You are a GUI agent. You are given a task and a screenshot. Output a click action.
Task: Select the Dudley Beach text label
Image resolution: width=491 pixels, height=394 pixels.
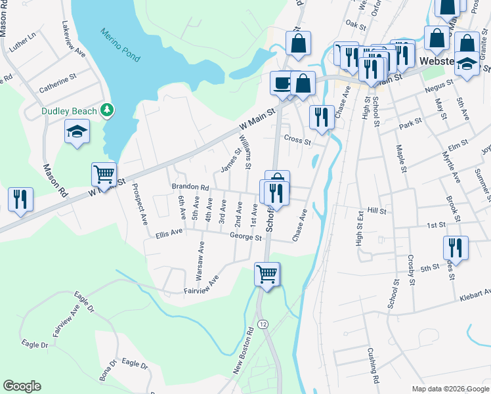69,111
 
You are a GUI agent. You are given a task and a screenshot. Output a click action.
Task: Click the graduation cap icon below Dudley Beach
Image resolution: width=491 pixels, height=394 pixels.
77,132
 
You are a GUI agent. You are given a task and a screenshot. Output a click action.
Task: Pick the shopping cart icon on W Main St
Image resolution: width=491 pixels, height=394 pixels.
104,175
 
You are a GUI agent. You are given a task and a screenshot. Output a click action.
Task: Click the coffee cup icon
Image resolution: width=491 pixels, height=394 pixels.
282,83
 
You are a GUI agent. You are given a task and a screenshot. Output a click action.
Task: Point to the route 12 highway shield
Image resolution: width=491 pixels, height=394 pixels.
263,324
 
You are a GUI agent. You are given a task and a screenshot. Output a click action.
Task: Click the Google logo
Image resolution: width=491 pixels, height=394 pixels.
22,386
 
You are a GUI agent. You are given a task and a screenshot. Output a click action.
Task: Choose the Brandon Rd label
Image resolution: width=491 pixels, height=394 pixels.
190,187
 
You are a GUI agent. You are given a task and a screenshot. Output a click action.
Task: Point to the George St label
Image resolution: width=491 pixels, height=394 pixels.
245,236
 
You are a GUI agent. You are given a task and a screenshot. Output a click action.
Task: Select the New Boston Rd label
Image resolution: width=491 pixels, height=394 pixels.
244,351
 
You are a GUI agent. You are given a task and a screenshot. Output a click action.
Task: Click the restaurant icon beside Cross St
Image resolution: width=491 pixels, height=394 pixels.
320,118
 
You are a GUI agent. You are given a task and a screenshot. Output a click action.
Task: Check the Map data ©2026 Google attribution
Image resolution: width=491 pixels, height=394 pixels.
450,389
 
